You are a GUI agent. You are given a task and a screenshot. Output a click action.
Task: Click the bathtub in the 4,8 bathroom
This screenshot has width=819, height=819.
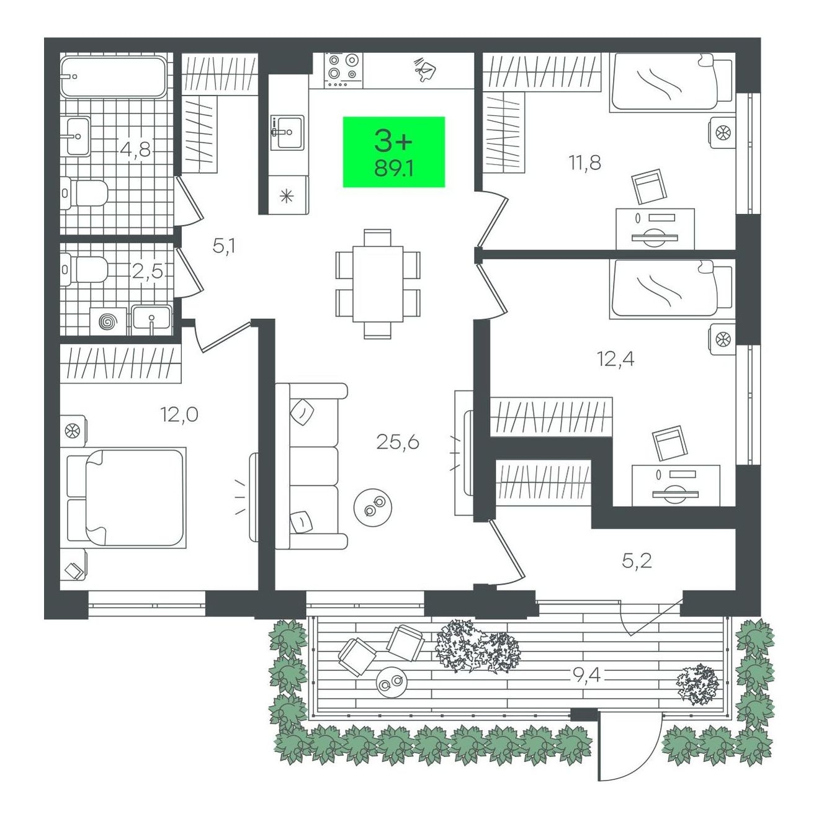pos(113,78)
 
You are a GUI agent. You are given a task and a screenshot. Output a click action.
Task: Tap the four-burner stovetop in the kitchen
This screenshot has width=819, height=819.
pos(343,71)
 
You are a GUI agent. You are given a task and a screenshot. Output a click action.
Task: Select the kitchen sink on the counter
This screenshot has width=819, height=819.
pos(287,132)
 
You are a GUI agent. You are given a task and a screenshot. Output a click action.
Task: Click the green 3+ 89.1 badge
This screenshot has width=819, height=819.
pos(393,152)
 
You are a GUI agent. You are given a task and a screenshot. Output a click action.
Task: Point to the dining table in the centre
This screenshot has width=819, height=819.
pos(378,284)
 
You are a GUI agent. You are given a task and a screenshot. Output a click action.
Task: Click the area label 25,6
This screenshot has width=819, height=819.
pos(398,442)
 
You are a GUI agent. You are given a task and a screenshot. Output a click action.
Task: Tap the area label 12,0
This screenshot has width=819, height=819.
pos(179,414)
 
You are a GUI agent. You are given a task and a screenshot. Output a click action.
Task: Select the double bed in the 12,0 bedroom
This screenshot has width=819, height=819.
pos(127,497)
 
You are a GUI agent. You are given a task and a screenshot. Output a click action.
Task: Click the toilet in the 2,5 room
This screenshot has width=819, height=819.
pos(84,269)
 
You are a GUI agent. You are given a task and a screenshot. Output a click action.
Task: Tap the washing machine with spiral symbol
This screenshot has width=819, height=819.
pos(109,322)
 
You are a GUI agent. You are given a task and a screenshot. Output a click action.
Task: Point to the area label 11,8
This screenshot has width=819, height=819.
pos(586,163)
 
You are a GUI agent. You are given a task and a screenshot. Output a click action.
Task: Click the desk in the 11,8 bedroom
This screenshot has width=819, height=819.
pos(655,230)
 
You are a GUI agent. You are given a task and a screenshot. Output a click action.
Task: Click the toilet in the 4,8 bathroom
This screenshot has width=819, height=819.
pos(84,194)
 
